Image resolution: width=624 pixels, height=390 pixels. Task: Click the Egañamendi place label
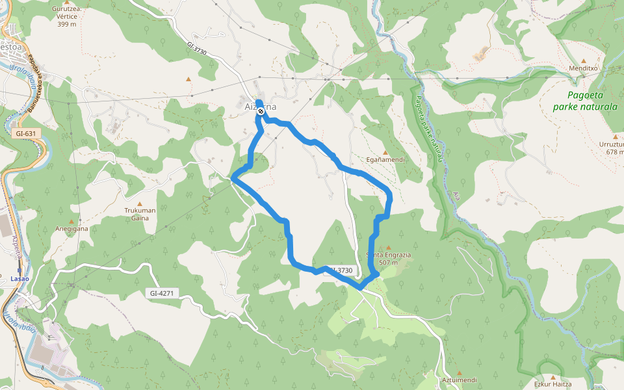(x=386, y=159)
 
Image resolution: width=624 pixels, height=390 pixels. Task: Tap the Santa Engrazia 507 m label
(x=389, y=259)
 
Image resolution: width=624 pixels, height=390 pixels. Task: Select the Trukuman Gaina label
(x=140, y=214)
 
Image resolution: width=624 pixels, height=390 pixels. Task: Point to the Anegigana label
(x=71, y=229)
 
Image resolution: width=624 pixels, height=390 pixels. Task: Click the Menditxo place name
(x=583, y=68)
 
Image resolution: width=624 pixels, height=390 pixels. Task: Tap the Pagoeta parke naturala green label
(x=584, y=101)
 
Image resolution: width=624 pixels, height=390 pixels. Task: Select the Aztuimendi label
(x=459, y=380)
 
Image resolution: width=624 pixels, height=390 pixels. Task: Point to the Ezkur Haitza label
(x=553, y=384)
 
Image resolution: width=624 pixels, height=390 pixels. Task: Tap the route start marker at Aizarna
(x=261, y=112)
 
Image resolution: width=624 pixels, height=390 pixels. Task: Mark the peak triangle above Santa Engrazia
(x=388, y=248)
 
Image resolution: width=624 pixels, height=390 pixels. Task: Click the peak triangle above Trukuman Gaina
(x=139, y=203)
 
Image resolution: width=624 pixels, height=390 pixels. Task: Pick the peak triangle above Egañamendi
(x=385, y=152)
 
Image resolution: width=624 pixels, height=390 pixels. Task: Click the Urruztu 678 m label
(x=612, y=148)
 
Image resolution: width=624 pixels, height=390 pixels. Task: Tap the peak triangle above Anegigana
(x=71, y=212)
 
